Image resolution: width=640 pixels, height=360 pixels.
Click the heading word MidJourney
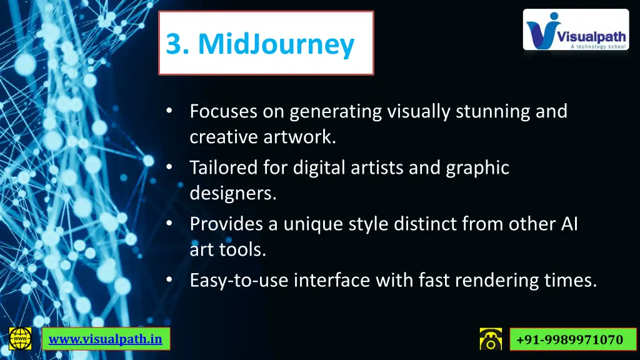276,44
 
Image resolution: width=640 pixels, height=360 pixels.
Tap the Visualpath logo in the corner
576,29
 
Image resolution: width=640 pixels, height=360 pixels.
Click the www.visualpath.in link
106,339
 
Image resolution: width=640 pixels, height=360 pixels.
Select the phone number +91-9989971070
568,339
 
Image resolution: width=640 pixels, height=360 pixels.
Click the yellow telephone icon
491,339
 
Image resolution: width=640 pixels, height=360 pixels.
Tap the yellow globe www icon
21,338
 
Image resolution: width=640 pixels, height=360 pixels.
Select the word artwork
302,137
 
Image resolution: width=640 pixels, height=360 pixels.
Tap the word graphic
477,167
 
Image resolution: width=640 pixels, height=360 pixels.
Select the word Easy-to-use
239,281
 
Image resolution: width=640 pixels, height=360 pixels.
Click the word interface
332,281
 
